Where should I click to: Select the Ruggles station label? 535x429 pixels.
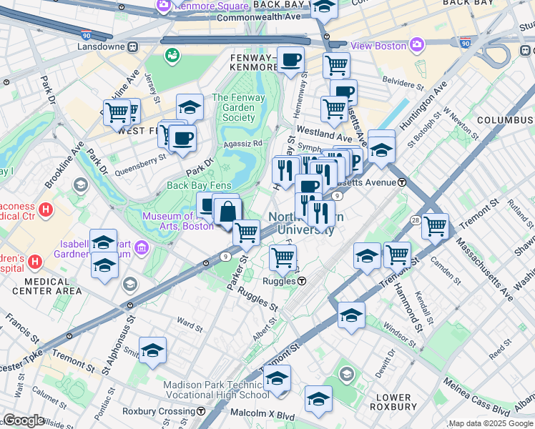pos(283,282)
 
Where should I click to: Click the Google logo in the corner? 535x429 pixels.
pos(24,420)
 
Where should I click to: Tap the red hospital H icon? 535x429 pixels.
pos(46,210)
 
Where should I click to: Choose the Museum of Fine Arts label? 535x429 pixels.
pos(169,221)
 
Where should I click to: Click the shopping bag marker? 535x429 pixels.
pos(227,212)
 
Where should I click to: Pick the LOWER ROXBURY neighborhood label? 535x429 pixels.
pos(393,401)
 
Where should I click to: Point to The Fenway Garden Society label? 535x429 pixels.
pos(239,108)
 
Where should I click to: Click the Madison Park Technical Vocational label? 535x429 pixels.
pos(216,390)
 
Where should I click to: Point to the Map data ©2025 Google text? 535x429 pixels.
pos(491,423)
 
